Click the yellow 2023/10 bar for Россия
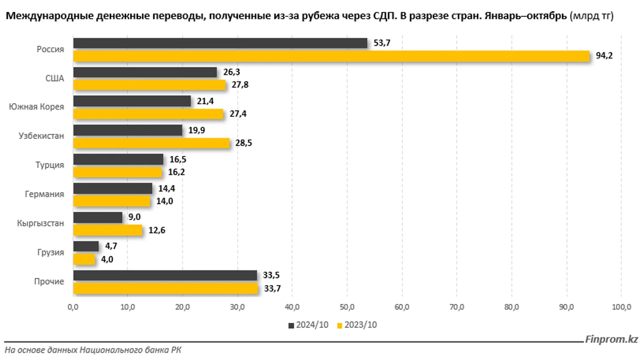click(331, 56)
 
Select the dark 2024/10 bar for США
click(145, 72)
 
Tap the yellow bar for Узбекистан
click(151, 143)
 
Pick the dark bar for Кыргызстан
click(98, 218)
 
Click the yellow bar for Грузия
click(84, 259)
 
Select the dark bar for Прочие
click(165, 275)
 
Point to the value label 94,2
click(604, 56)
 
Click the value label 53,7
click(382, 43)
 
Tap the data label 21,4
click(205, 101)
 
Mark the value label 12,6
click(157, 230)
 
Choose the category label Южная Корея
click(36, 107)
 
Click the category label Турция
click(50, 165)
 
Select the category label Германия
click(44, 194)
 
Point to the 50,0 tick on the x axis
click(347, 307)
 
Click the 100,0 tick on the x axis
click(621, 307)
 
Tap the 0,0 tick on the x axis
click(73, 307)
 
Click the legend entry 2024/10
click(308, 325)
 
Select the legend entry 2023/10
click(357, 325)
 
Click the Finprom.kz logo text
click(611, 339)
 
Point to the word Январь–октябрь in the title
click(525, 16)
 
